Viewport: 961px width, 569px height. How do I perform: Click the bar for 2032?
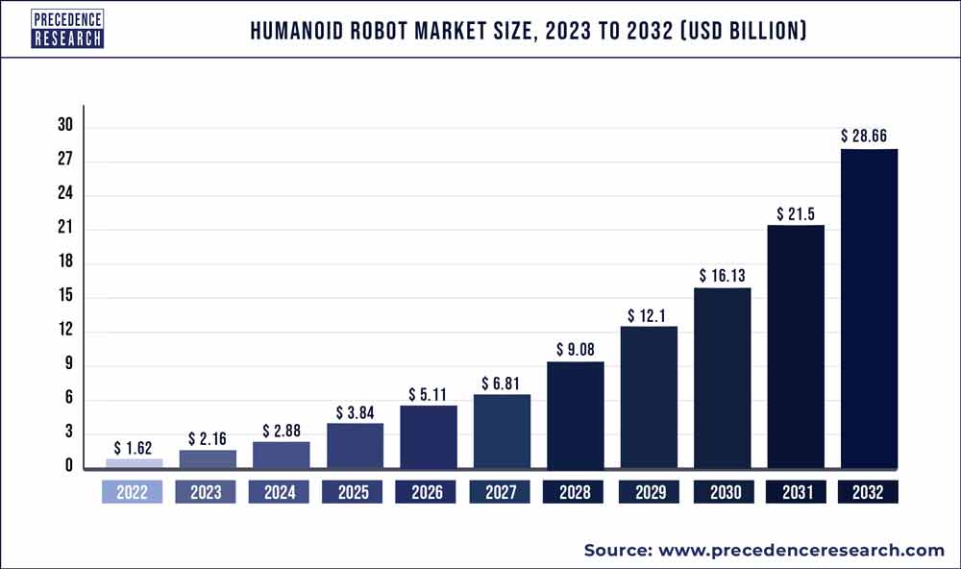(x=869, y=308)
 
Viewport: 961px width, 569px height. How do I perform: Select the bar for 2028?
(x=575, y=413)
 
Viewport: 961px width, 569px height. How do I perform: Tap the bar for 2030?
(x=722, y=377)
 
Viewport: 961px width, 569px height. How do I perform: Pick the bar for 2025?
(x=355, y=444)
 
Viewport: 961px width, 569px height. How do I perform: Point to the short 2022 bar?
(x=134, y=462)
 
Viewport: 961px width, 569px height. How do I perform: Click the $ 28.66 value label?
(x=869, y=136)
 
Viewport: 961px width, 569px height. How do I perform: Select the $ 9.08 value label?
(x=575, y=349)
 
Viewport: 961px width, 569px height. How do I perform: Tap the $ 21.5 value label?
(x=796, y=212)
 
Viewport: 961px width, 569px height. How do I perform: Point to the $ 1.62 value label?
(x=135, y=447)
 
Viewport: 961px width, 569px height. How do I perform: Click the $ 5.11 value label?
(x=428, y=393)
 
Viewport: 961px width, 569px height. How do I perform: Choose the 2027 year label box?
(x=501, y=492)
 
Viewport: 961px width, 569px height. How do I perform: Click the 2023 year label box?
(x=207, y=492)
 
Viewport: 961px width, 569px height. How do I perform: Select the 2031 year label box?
(x=796, y=492)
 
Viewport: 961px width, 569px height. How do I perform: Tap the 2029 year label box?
(x=649, y=492)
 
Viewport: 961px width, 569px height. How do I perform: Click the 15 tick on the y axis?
(x=64, y=297)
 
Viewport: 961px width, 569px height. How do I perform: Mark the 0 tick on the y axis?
(x=68, y=467)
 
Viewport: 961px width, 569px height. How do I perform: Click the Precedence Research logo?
(x=67, y=30)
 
